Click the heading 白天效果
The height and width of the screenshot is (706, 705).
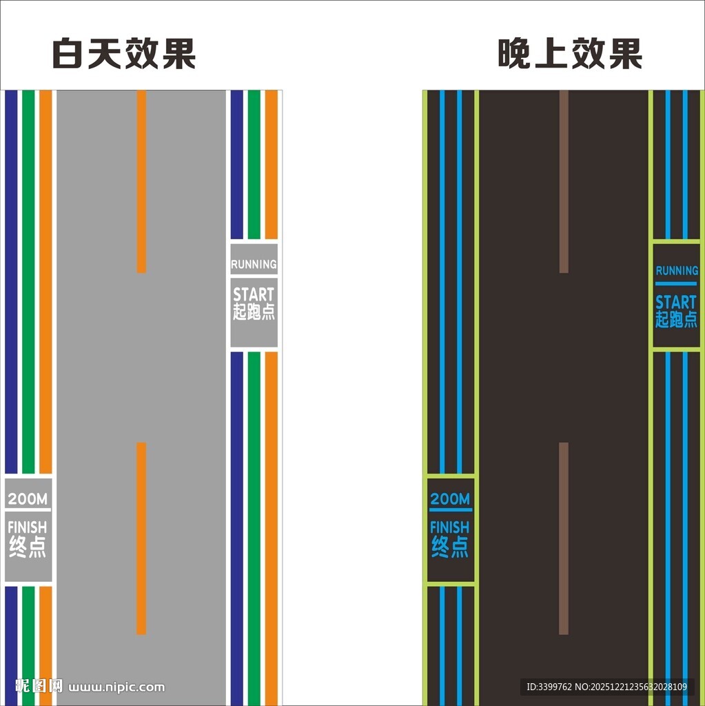(124, 54)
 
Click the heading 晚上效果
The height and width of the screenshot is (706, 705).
(570, 54)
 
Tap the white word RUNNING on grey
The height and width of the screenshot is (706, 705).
(254, 264)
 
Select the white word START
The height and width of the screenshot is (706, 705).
(254, 295)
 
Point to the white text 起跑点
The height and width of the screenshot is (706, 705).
(254, 312)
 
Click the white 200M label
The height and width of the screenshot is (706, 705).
(28, 499)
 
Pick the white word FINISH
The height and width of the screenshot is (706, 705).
(28, 527)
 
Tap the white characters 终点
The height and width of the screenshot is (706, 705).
(28, 547)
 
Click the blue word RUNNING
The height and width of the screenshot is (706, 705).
(676, 271)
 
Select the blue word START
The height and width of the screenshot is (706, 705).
(676, 302)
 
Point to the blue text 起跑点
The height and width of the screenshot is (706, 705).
(676, 319)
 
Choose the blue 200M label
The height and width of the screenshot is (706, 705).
(450, 499)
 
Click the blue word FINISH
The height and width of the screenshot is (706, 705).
(450, 527)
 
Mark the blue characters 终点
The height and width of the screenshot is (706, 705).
(450, 547)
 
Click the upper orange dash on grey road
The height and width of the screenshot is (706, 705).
(141, 181)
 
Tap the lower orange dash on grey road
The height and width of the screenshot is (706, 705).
(141, 538)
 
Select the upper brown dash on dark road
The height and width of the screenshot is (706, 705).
(564, 181)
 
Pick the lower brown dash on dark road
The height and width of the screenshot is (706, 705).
(564, 538)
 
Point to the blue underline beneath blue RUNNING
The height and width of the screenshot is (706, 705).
(676, 283)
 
